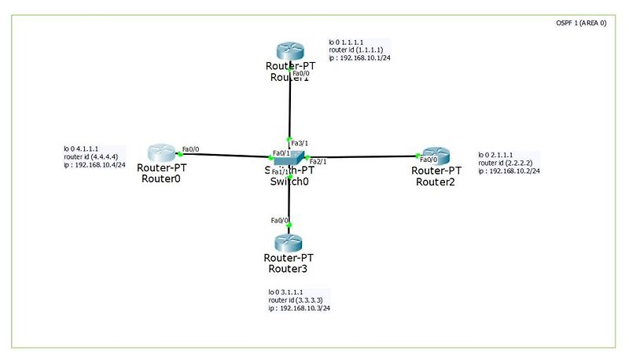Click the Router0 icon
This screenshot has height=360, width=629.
click(x=161, y=152)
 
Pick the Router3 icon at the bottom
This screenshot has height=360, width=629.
click(x=289, y=241)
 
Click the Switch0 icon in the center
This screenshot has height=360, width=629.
click(x=289, y=157)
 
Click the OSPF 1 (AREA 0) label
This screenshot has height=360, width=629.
click(x=580, y=24)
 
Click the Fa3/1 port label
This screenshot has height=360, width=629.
click(x=299, y=144)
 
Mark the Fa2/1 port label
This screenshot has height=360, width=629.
click(x=318, y=162)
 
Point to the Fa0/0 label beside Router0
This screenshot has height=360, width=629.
click(x=191, y=149)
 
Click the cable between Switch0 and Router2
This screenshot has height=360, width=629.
click(x=362, y=157)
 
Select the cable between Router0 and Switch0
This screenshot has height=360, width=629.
click(x=228, y=155)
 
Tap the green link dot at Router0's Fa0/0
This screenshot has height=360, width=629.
click(x=180, y=154)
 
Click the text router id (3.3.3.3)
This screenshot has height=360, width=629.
click(x=295, y=300)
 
